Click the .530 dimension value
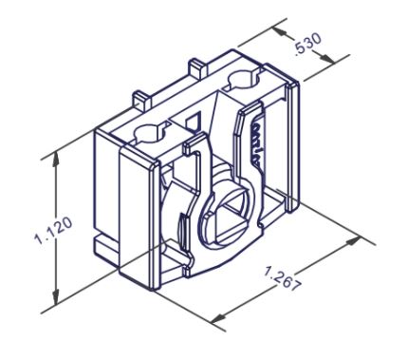click(x=307, y=44)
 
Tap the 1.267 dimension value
click(x=282, y=279)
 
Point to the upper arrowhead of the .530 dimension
click(x=281, y=32)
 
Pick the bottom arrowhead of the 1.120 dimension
click(x=56, y=296)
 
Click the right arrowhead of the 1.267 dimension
click(x=353, y=241)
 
